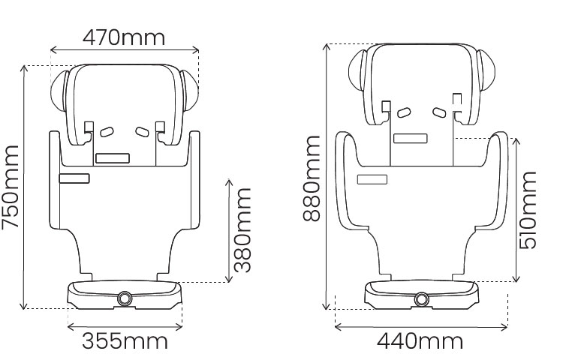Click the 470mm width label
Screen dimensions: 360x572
pyautogui.click(x=124, y=36)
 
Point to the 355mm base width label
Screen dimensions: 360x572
pyautogui.click(x=125, y=341)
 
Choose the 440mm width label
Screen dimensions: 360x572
pyautogui.click(x=420, y=341)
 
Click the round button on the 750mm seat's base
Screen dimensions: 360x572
pyautogui.click(x=124, y=298)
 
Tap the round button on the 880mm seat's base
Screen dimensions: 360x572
pyautogui.click(x=420, y=298)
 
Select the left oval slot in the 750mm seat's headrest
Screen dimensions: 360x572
pyautogui.click(x=107, y=131)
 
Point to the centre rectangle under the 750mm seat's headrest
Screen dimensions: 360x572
pyautogui.click(x=113, y=158)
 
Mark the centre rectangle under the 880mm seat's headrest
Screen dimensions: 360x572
pyautogui.click(x=411, y=139)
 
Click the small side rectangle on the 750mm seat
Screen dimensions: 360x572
pyautogui.click(x=74, y=178)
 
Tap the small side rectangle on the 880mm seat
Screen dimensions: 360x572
pyautogui.click(x=372, y=178)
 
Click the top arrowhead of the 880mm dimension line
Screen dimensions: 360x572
pyautogui.click(x=325, y=46)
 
